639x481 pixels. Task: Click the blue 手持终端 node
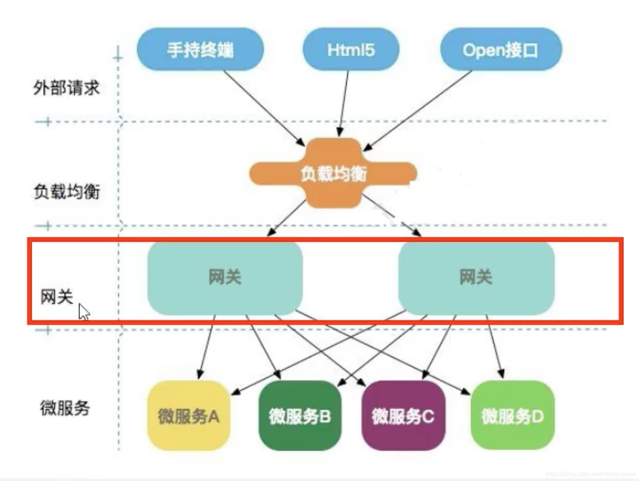pos(200,49)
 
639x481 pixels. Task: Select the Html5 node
pos(350,49)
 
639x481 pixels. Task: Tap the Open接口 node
pos(501,49)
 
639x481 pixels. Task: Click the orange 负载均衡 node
pos(333,173)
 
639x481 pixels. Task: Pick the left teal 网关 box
pos(225,277)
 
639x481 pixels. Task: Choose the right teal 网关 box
pos(476,277)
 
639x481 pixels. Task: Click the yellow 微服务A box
pos(189,416)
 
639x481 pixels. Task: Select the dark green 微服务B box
pos(300,416)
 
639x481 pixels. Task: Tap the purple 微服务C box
pos(403,416)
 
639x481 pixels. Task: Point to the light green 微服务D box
pos(512,416)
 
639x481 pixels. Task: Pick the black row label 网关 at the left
pos(57,297)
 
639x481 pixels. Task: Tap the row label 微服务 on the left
pos(65,408)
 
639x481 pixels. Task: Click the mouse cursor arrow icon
pos(84,311)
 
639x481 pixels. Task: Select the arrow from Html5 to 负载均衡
pos(344,103)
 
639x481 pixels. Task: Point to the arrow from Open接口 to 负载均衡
pos(418,110)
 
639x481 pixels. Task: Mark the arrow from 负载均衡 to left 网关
pos(287,217)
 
